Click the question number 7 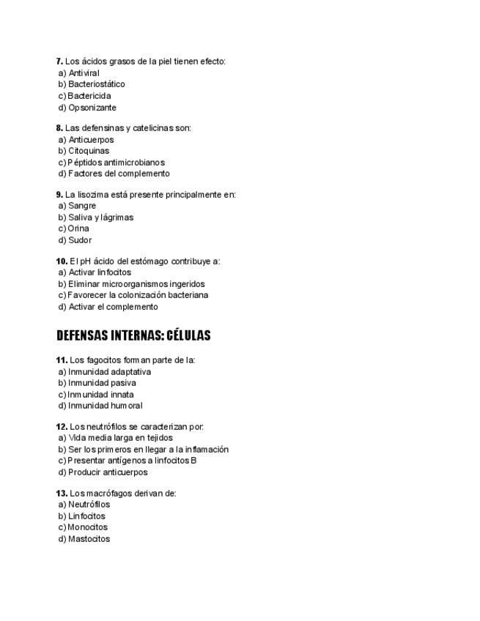59,62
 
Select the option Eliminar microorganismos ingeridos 132,284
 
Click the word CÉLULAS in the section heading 188,336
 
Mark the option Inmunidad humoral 100,406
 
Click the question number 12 62,427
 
